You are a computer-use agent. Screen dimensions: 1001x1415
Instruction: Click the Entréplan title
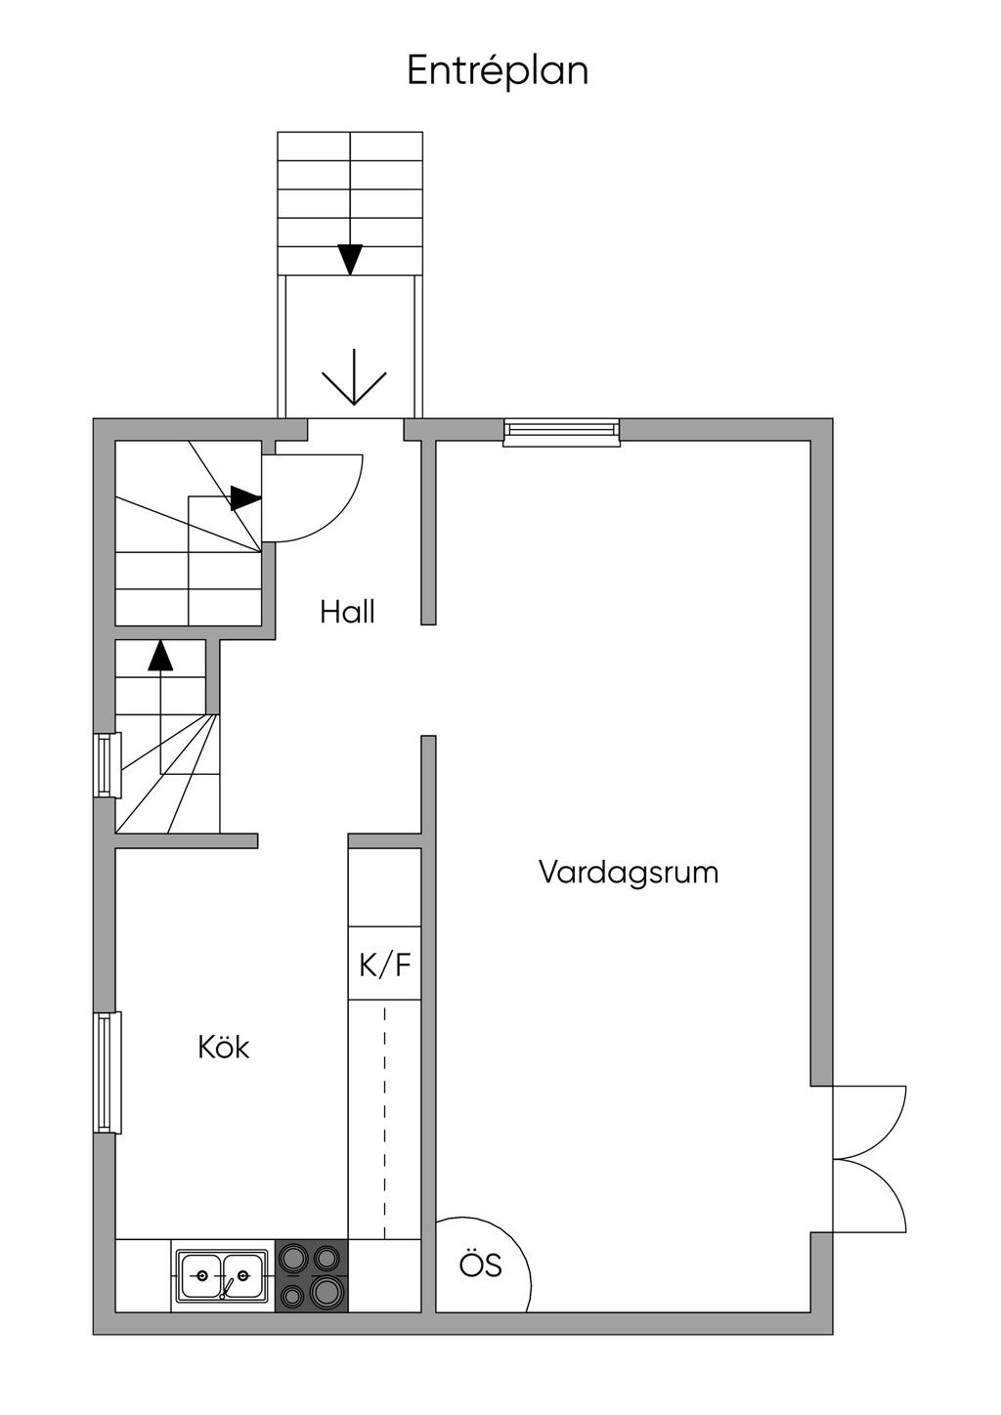pyautogui.click(x=498, y=71)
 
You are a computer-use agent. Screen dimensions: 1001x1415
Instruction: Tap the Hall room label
pyautogui.click(x=347, y=613)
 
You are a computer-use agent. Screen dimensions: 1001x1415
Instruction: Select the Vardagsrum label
pyautogui.click(x=628, y=872)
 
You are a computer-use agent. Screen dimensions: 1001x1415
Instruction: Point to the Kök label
pyautogui.click(x=224, y=1048)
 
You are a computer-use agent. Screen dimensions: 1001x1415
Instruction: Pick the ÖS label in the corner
pyautogui.click(x=481, y=1265)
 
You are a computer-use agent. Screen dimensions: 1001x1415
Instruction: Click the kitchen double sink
pyautogui.click(x=222, y=1276)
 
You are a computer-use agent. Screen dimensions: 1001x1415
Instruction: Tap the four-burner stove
pyautogui.click(x=312, y=1276)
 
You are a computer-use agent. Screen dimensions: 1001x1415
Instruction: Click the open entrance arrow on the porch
pyautogui.click(x=354, y=387)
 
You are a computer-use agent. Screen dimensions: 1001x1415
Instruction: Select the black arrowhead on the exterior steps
pyautogui.click(x=350, y=259)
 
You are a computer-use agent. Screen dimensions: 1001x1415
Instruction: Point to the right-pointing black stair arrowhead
pyautogui.click(x=245, y=498)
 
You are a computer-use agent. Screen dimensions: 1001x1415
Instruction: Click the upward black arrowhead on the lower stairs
pyautogui.click(x=160, y=655)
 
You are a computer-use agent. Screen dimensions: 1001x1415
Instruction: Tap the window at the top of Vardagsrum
pyautogui.click(x=561, y=432)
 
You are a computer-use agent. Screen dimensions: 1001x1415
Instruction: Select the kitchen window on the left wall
pyautogui.click(x=107, y=1072)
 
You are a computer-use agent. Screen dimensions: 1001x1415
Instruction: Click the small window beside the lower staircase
pyautogui.click(x=107, y=764)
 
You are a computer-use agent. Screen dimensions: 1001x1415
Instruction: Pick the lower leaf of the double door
pyautogui.click(x=870, y=1196)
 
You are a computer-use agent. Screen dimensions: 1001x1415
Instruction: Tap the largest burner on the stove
pyautogui.click(x=326, y=1292)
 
